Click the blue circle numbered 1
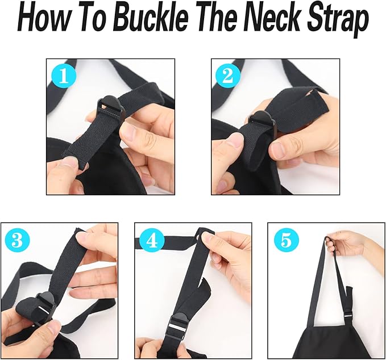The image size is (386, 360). (x=64, y=77)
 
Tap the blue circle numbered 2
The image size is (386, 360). (x=228, y=77)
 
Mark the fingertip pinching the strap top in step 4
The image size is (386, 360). (x=207, y=238)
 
